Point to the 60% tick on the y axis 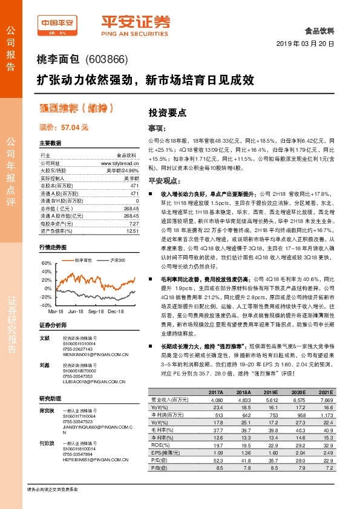point(46,264)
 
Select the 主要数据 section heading point(50,143)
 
